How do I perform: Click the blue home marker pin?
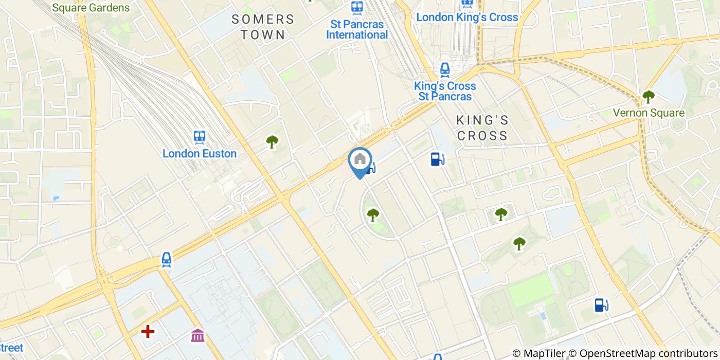point(360,160)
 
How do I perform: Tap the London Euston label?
point(200,153)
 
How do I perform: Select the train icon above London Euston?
point(200,137)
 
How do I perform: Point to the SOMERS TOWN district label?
point(263,27)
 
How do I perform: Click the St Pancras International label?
point(357,30)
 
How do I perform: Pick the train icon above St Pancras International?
point(356,8)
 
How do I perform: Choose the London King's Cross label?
point(467,17)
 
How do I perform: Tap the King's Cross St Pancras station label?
point(445,91)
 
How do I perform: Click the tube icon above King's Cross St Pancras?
point(445,69)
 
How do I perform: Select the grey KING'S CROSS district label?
point(482,128)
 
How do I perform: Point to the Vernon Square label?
point(649,113)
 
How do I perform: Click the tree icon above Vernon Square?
point(649,96)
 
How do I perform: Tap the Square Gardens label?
point(91,8)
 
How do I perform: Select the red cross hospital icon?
point(148,332)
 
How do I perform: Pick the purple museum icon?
point(197,335)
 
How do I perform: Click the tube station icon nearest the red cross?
point(167,260)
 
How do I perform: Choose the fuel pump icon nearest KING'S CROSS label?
point(437,159)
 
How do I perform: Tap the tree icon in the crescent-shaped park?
point(372,214)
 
